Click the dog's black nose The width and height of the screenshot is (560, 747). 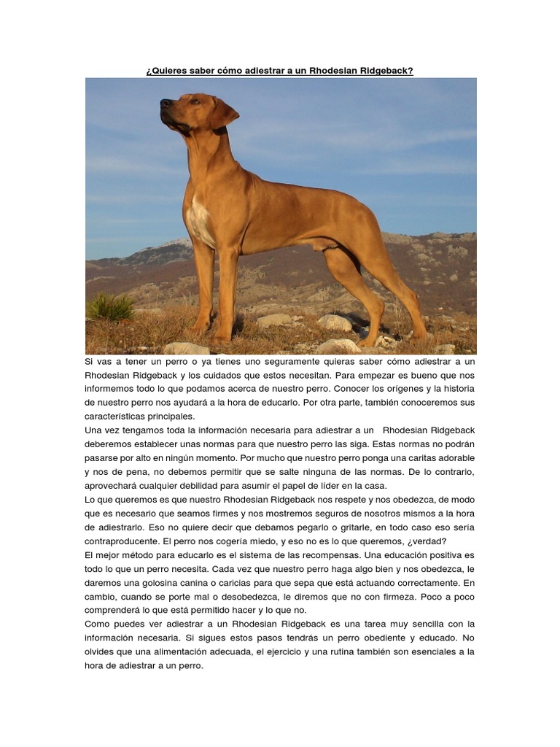click(165, 103)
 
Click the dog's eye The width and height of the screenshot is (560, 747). click(195, 102)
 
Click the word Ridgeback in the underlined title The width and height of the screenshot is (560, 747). click(386, 71)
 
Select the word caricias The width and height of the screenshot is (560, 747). click(267, 583)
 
